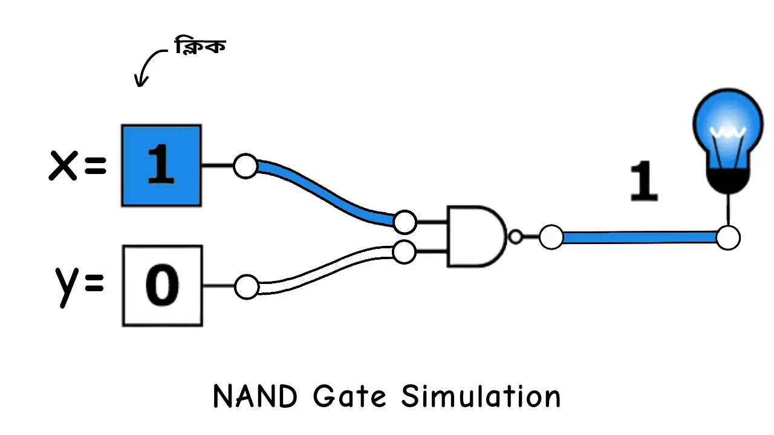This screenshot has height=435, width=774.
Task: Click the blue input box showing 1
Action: pyautogui.click(x=161, y=166)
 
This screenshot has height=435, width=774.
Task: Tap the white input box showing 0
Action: pyautogui.click(x=162, y=286)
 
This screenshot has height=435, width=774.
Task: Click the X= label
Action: pyautogui.click(x=77, y=165)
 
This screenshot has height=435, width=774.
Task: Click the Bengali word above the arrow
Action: pyautogui.click(x=200, y=47)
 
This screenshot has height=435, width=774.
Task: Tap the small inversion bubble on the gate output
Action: pyautogui.click(x=515, y=237)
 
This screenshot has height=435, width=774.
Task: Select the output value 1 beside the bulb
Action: pyautogui.click(x=643, y=181)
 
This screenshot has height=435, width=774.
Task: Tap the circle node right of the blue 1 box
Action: pyautogui.click(x=246, y=166)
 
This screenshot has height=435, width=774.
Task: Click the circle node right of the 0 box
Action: pyautogui.click(x=246, y=287)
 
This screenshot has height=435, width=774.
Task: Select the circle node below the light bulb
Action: pyautogui.click(x=728, y=237)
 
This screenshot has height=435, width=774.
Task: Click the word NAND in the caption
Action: pyautogui.click(x=255, y=397)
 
